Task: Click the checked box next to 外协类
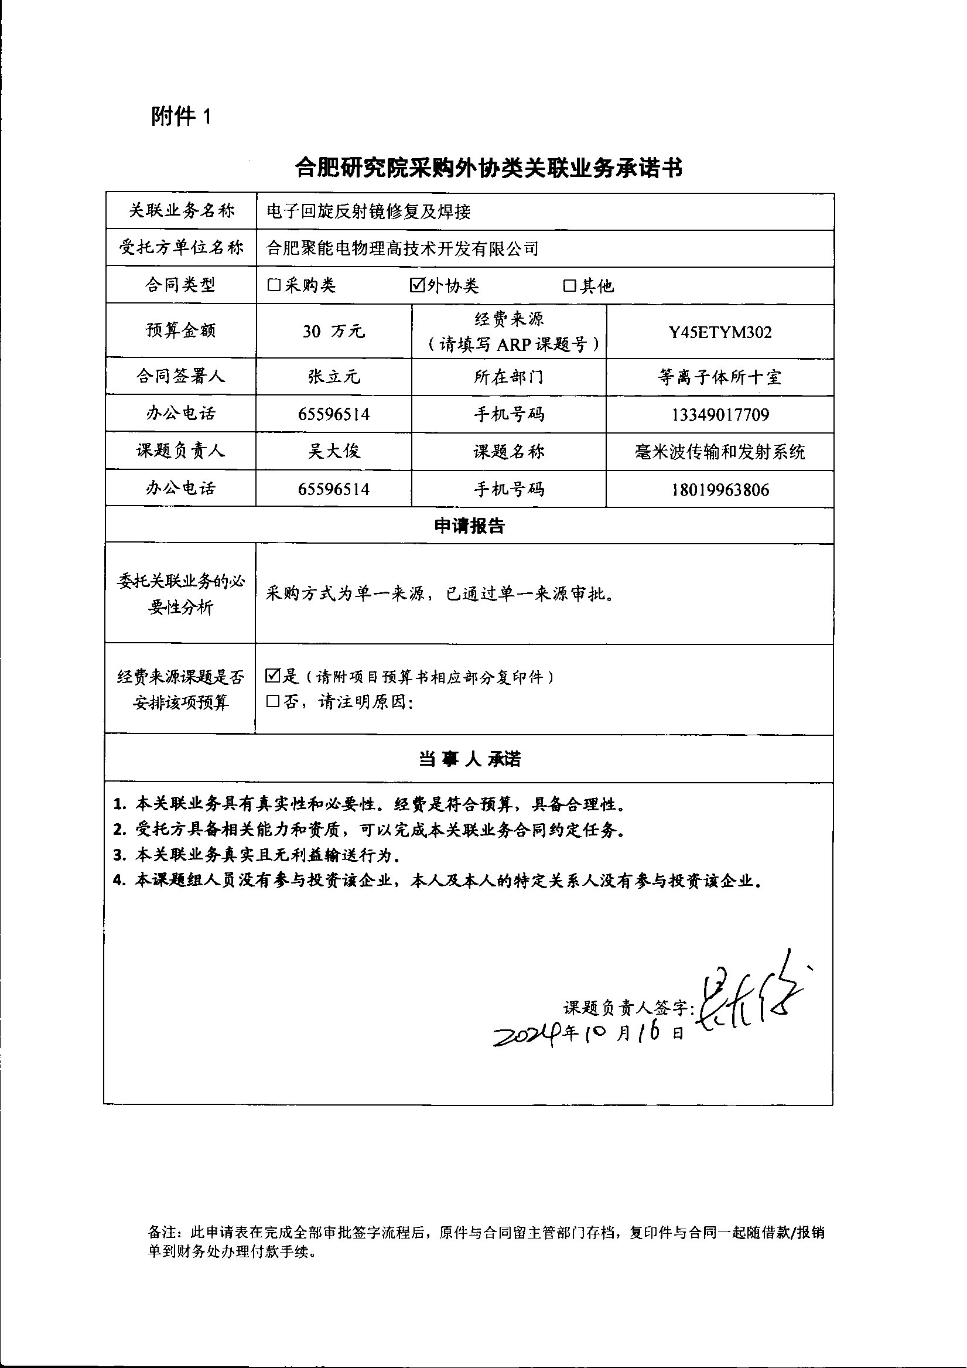pyautogui.click(x=416, y=285)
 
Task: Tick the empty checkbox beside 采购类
pyautogui.click(x=274, y=285)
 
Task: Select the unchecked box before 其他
pyautogui.click(x=569, y=286)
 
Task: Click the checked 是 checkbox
pyautogui.click(x=273, y=676)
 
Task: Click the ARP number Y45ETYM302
pyautogui.click(x=720, y=332)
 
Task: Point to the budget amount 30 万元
pyautogui.click(x=333, y=331)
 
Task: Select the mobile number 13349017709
pyautogui.click(x=720, y=414)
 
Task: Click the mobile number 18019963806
pyautogui.click(x=720, y=490)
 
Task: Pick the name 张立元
pyautogui.click(x=334, y=377)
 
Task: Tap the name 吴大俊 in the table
pyautogui.click(x=334, y=451)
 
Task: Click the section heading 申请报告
pyautogui.click(x=469, y=526)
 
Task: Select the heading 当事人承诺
pyautogui.click(x=469, y=759)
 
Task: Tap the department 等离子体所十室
pyautogui.click(x=720, y=377)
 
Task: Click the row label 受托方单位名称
pyautogui.click(x=181, y=247)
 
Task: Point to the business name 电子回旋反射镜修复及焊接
pyautogui.click(x=369, y=211)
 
